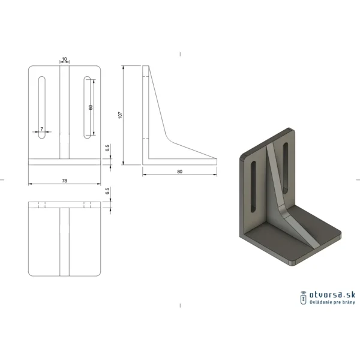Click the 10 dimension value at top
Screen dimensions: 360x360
point(65,59)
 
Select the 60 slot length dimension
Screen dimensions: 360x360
point(91,107)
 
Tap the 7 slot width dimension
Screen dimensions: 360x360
point(42,129)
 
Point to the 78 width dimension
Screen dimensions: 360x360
point(65,181)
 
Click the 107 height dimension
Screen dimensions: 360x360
point(120,115)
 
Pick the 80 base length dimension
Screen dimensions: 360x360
point(180,172)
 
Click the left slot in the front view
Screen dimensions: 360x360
point(42,107)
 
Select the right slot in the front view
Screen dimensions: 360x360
point(87,107)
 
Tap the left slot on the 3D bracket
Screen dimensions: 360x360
point(253,187)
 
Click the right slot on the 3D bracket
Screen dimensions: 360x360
point(286,168)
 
